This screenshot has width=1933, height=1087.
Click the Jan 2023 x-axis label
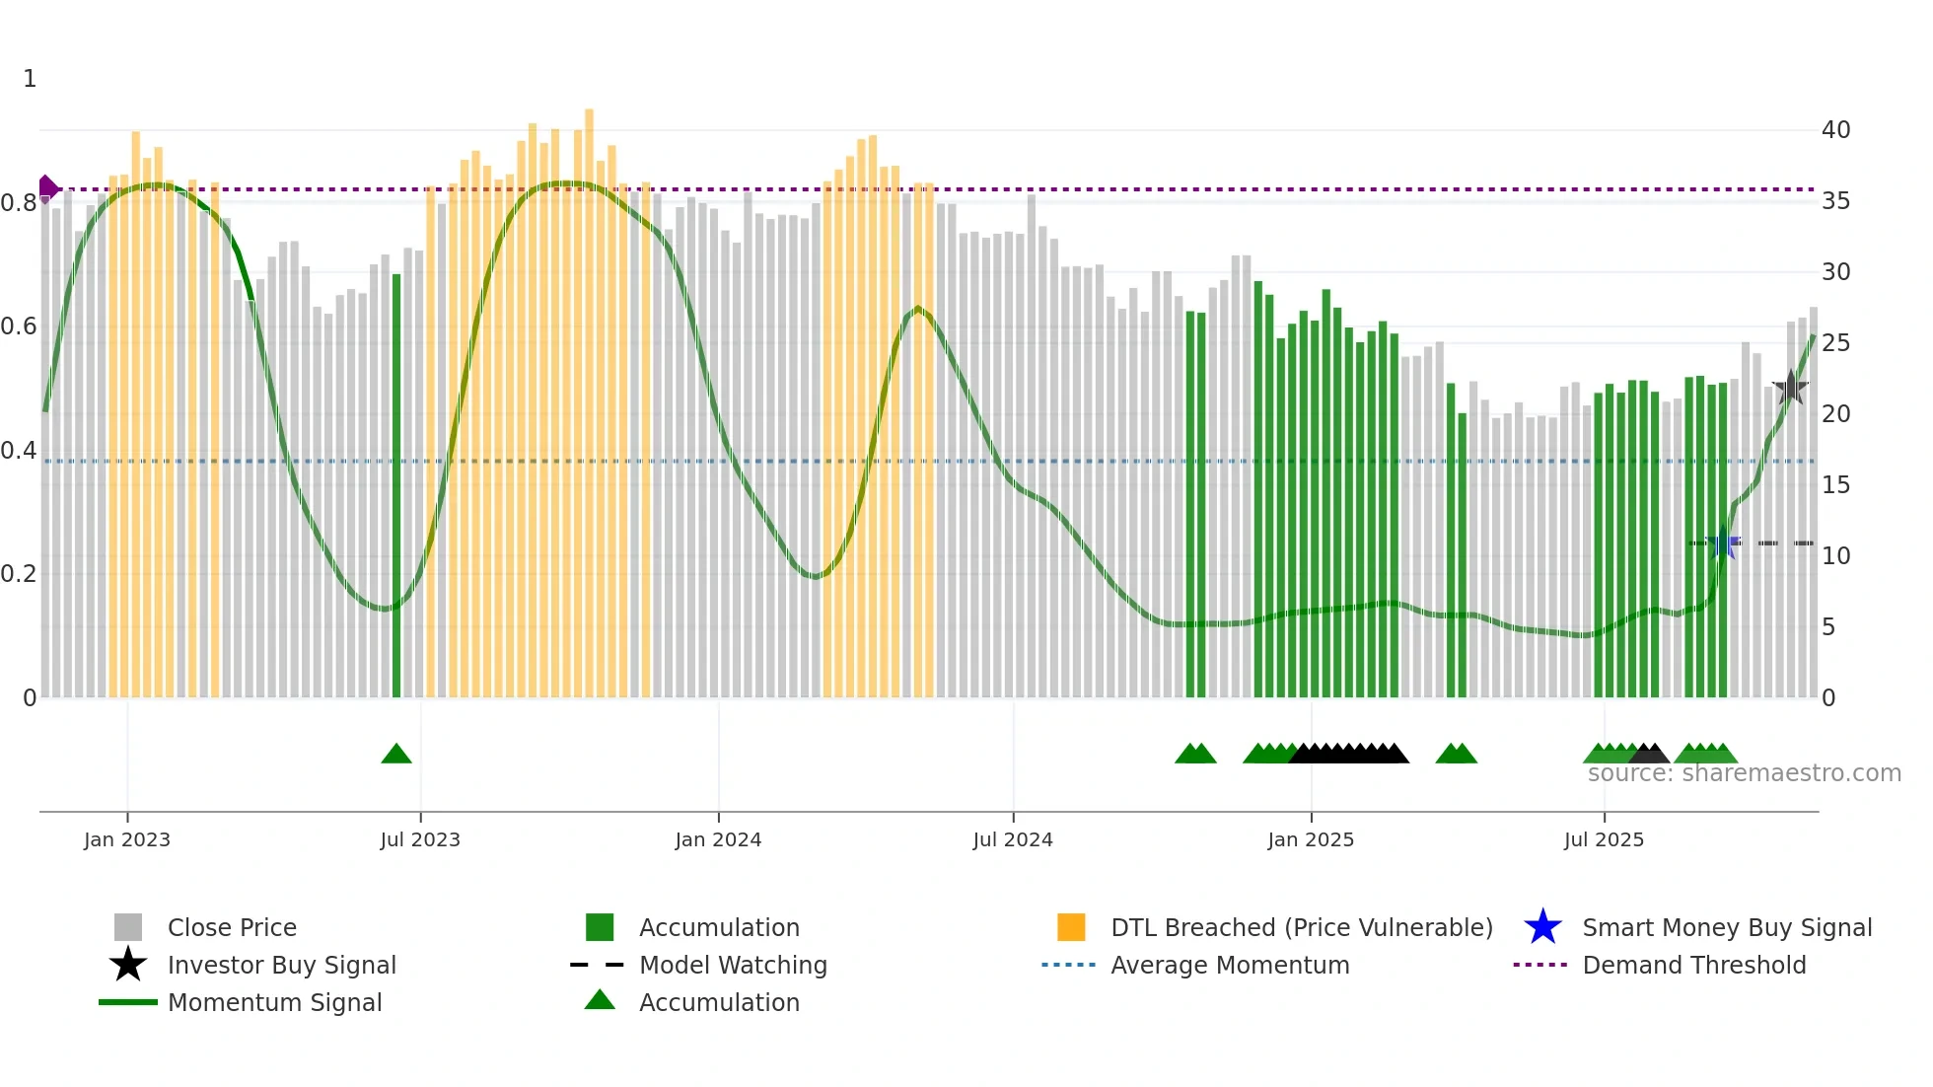tap(127, 839)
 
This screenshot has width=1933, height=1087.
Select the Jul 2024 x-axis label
tap(1013, 839)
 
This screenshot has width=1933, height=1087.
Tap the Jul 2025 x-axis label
tap(1604, 839)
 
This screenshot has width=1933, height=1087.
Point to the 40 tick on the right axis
tap(1835, 130)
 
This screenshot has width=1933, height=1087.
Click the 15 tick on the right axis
tap(1835, 485)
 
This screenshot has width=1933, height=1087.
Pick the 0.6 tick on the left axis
tap(19, 326)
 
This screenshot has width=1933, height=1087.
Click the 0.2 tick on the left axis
tap(19, 574)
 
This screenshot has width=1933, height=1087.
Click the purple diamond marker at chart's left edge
tap(47, 187)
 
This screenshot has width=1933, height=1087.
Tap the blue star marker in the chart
tap(1723, 543)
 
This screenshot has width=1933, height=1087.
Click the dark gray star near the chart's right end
tap(1790, 388)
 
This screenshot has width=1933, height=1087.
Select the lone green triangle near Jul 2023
tap(396, 755)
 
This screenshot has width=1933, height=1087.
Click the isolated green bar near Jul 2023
tap(396, 483)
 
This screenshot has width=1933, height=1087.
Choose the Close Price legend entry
tap(232, 927)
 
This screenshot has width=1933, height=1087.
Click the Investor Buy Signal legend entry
tap(281, 965)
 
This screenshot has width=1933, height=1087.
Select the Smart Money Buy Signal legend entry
tap(1726, 927)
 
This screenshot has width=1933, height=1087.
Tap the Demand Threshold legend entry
tap(1693, 965)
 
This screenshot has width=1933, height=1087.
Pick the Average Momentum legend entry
tap(1229, 965)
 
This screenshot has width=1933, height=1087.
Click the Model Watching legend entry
tap(733, 965)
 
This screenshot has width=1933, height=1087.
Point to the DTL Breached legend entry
tap(1301, 927)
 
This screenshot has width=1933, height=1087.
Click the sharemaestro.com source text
tap(1744, 773)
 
